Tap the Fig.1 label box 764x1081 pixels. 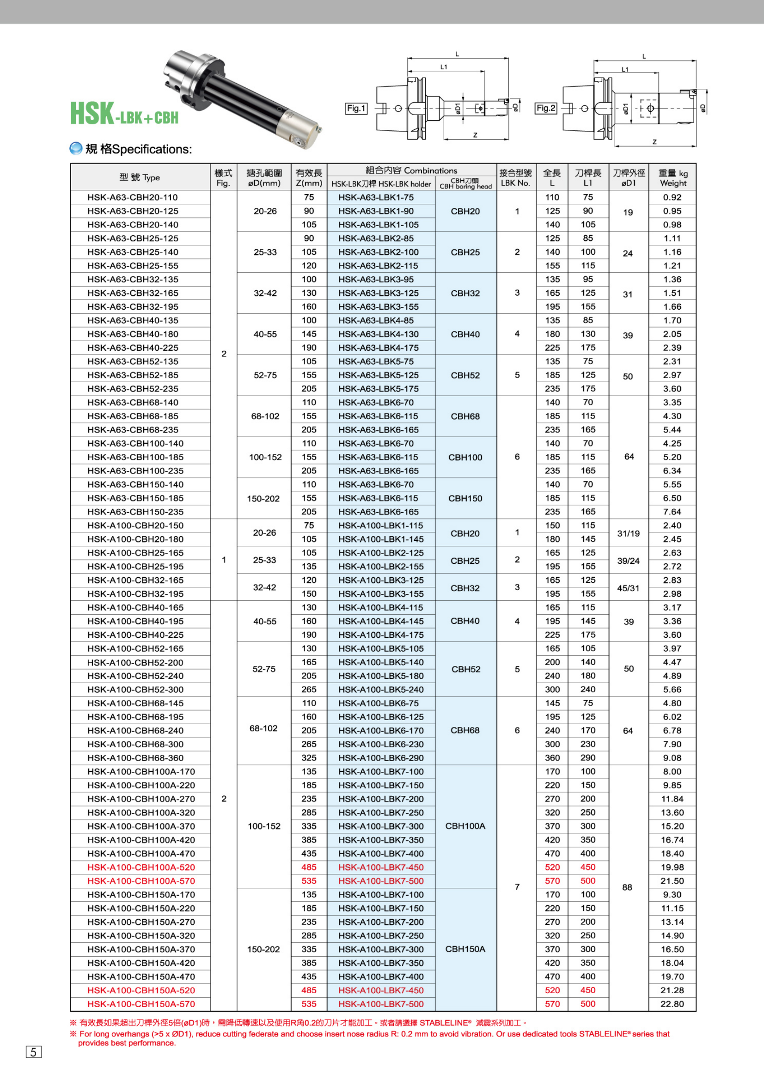(356, 109)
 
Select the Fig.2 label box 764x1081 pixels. (546, 108)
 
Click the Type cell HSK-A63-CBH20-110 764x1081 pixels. (132, 197)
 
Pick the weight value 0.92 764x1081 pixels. (672, 197)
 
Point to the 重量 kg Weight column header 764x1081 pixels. (672, 178)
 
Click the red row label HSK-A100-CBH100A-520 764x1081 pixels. (141, 867)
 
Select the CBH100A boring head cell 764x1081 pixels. (465, 826)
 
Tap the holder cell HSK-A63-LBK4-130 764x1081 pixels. (378, 334)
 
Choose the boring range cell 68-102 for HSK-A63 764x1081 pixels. (265, 416)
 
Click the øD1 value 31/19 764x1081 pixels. (629, 533)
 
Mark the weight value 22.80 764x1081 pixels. (672, 1004)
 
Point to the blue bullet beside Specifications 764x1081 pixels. (76, 149)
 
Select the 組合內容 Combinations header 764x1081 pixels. (411, 171)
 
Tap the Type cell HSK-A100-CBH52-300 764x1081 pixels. (135, 689)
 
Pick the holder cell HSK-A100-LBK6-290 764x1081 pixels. (380, 758)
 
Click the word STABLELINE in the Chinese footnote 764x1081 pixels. (444, 1023)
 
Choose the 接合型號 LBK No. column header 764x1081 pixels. (515, 178)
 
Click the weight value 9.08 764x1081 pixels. (672, 758)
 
